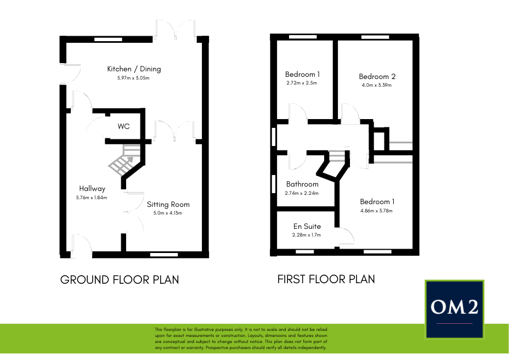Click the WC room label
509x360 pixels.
[x=123, y=126]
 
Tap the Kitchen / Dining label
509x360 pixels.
[x=134, y=69]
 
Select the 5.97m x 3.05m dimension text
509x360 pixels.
[x=133, y=78]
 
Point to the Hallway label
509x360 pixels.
[x=92, y=188]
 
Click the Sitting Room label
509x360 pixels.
[x=168, y=204]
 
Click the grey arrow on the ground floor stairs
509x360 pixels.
[x=128, y=161]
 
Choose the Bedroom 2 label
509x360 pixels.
[x=377, y=77]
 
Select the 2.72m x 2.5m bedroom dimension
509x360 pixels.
[x=302, y=83]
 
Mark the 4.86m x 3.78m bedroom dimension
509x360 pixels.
[x=377, y=211]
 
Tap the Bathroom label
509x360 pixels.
[x=302, y=184]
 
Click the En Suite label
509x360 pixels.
[x=307, y=226]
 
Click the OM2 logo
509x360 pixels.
[x=455, y=310]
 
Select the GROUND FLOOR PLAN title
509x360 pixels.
[x=120, y=280]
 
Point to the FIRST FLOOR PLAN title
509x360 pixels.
[x=326, y=279]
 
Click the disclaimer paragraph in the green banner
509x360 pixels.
[x=241, y=338]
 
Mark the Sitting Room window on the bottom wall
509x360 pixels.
[x=164, y=255]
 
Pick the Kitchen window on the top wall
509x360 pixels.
[x=109, y=40]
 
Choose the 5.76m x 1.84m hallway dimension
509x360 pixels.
[x=92, y=198]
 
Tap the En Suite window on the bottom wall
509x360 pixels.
[x=305, y=251]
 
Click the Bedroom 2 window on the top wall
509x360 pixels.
[x=375, y=37]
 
